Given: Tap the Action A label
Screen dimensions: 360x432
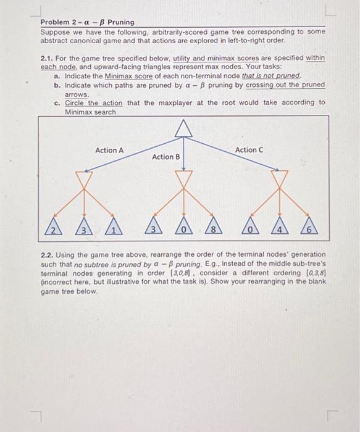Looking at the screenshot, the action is pyautogui.click(x=109, y=150).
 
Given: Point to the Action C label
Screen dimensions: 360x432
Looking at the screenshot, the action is pyautogui.click(x=249, y=150).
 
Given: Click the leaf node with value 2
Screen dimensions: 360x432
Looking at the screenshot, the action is pyautogui.click(x=54, y=230).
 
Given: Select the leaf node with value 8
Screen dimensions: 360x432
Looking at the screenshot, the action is pyautogui.click(x=213, y=230).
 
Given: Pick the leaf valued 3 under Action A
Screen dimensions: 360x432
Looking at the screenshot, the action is pyautogui.click(x=83, y=230).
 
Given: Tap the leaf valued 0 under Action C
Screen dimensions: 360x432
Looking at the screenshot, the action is pyautogui.click(x=251, y=230).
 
